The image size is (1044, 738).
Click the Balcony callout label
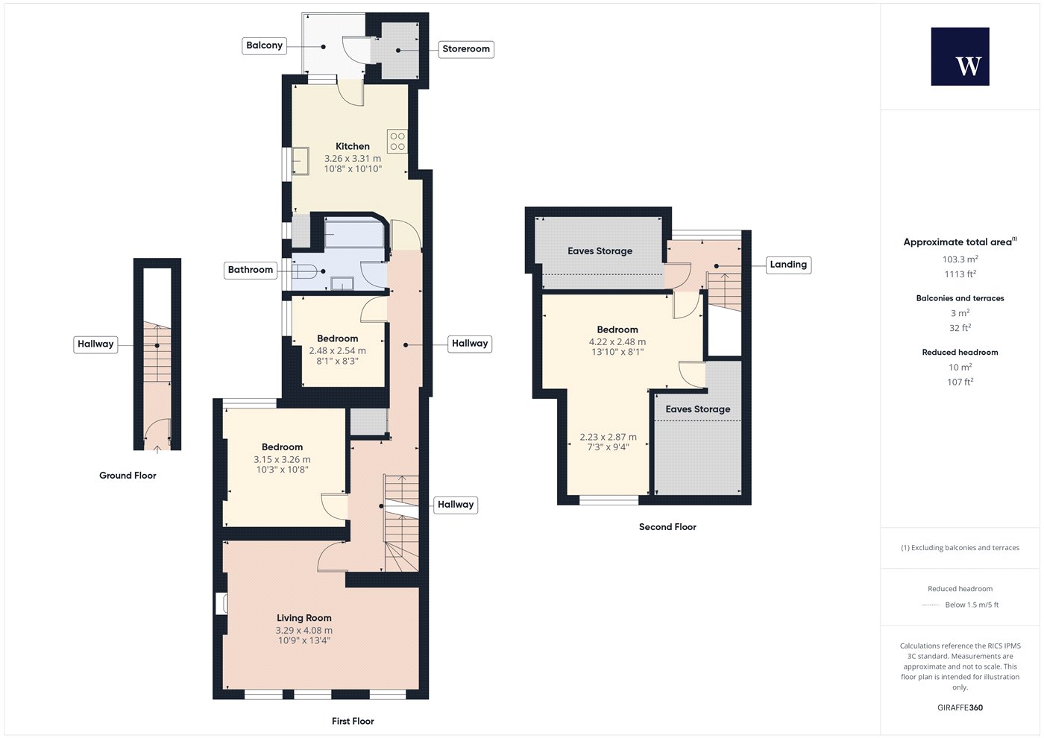coord(264,45)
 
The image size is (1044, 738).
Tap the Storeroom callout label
coord(466,49)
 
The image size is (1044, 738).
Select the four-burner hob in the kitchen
coord(397,141)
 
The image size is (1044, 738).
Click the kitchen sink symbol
coord(300,161)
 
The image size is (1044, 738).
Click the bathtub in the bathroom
coord(354,233)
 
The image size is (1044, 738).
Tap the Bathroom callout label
coord(251,270)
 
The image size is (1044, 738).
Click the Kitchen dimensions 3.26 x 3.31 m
coord(353,159)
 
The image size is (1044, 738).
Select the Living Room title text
coord(304,618)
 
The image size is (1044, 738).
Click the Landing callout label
coord(788,265)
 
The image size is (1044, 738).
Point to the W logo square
coord(960,57)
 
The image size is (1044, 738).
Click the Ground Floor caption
coord(128,476)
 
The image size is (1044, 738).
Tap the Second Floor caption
coord(667,527)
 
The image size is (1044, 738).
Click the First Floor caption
coord(353,722)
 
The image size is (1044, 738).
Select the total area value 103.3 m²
coord(960,259)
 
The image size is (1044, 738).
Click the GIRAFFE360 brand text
coord(960,707)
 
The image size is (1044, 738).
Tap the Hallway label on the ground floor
coord(95,344)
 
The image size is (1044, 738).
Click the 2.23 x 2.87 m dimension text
coord(609,438)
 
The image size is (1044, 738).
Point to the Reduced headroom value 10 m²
coord(960,367)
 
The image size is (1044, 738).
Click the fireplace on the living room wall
coord(221,604)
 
